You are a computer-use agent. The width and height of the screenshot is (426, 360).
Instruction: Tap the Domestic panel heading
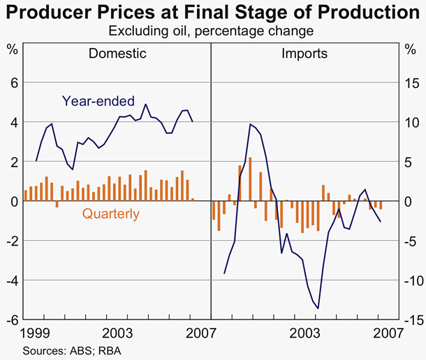(117, 53)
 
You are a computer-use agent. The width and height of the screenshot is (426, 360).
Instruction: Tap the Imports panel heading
(304, 53)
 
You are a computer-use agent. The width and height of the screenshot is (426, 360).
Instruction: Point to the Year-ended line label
(98, 100)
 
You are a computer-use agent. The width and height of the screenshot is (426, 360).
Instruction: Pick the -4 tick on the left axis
(11, 280)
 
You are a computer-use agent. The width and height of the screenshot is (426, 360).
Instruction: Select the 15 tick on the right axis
(412, 82)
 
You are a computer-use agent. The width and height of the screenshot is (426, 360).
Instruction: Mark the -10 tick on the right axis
(411, 280)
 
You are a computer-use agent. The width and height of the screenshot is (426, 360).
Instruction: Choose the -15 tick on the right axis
(411, 320)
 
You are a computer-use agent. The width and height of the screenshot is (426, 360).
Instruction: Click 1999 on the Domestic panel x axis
(34, 332)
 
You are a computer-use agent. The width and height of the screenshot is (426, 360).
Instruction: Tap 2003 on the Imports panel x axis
(304, 332)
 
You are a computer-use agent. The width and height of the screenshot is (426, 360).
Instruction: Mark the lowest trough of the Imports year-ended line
(318, 308)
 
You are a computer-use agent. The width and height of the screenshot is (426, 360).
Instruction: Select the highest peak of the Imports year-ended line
(250, 124)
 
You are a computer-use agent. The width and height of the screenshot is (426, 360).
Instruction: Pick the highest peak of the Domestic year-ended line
(145, 105)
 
